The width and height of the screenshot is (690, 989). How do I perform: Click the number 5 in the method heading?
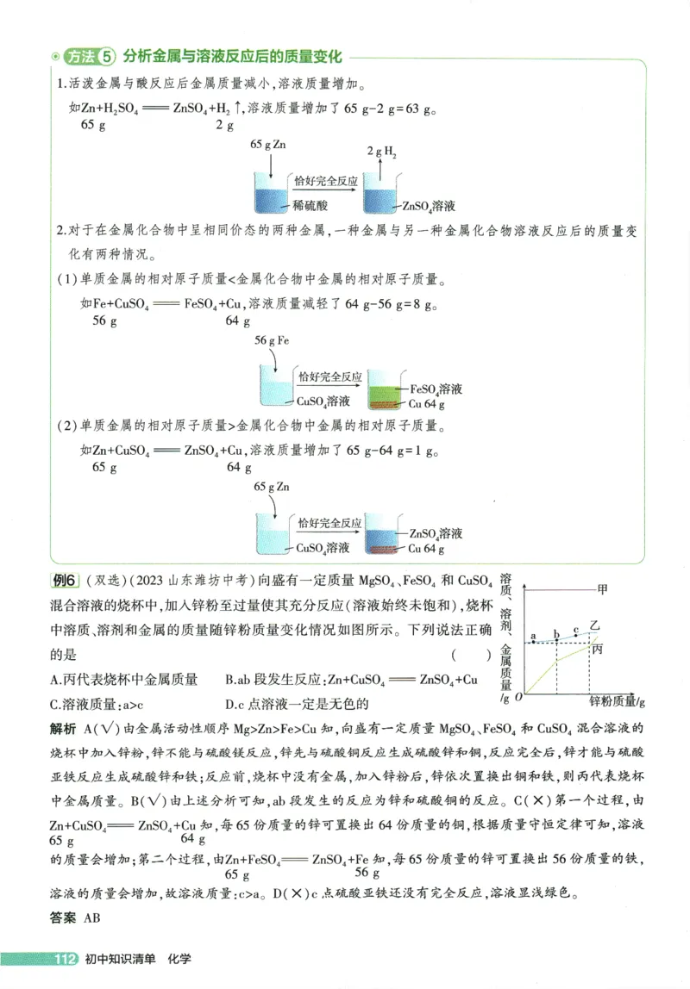coord(107,58)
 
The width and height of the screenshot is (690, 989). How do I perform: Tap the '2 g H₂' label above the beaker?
coord(381,152)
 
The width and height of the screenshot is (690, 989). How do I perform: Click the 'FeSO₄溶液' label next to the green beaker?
coord(436,389)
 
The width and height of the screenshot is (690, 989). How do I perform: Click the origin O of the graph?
coord(517,696)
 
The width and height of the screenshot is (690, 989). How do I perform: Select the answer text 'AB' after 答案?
coord(92,918)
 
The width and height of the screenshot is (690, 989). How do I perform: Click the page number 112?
coord(66,960)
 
